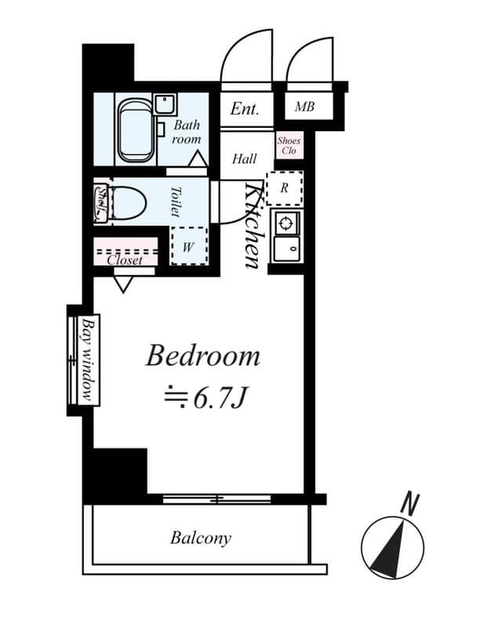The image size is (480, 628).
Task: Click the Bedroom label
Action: pyautogui.click(x=202, y=356)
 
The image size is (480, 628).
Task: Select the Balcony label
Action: pyautogui.click(x=201, y=539)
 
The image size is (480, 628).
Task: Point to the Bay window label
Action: pyautogui.click(x=88, y=359)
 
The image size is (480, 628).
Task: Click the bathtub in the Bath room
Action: pyautogui.click(x=135, y=129)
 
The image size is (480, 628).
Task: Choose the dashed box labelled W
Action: pyautogui.click(x=189, y=246)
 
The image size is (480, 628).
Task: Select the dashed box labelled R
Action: pyautogui.click(x=284, y=188)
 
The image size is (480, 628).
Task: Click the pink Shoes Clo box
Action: pyautogui.click(x=288, y=146)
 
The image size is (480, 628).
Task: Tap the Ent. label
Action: pyautogui.click(x=245, y=108)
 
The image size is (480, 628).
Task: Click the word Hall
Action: pyautogui.click(x=244, y=159)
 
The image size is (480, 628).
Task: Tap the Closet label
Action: pyautogui.click(x=125, y=260)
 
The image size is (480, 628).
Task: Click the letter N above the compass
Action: pyautogui.click(x=408, y=504)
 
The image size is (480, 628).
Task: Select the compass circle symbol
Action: pyautogui.click(x=392, y=548)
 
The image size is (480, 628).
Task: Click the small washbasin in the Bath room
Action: pyautogui.click(x=164, y=104)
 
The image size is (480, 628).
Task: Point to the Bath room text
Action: pyautogui.click(x=187, y=132)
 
